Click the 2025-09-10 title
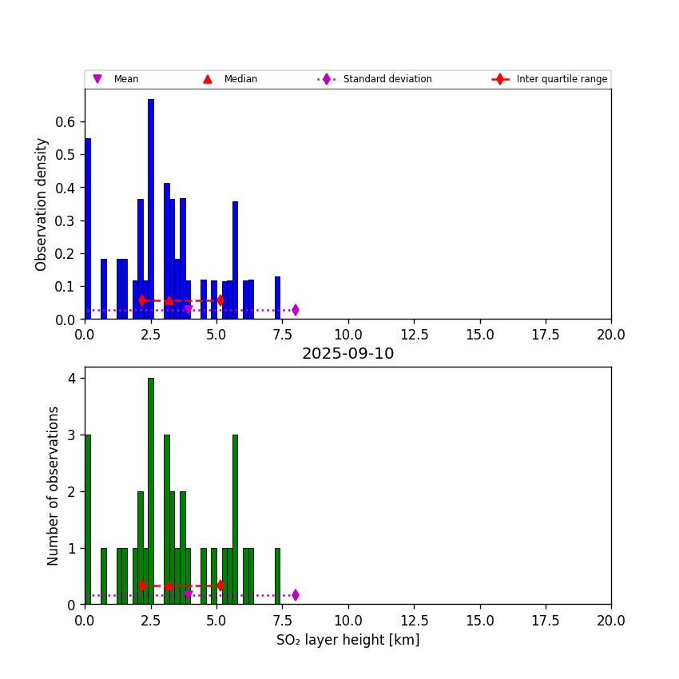pos(347,354)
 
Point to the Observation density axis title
pos(42,204)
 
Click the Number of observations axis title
pos(54,486)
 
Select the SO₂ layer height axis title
pos(347,640)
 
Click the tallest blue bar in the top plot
pos(150,208)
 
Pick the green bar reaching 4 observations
pos(150,491)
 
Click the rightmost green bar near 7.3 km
pos(277,576)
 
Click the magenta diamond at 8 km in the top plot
pos(296,310)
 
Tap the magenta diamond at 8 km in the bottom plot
pos(296,595)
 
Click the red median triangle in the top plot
pos(169,300)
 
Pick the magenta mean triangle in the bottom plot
pos(189,595)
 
